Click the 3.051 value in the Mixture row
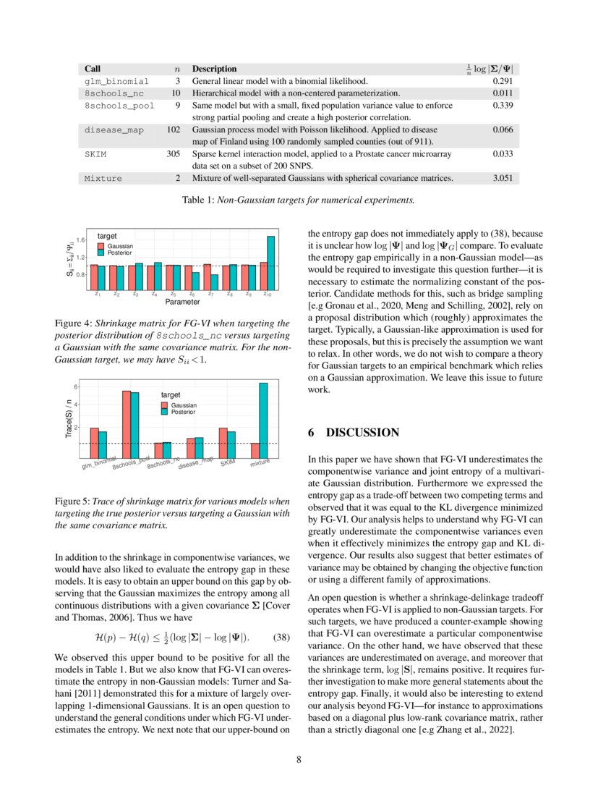tap(504, 178)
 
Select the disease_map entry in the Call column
tap(114, 130)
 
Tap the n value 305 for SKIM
tap(173, 154)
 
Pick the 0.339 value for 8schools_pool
tap(504, 106)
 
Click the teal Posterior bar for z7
tap(214, 281)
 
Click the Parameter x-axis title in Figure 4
tap(181, 302)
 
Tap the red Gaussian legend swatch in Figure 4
tap(102, 247)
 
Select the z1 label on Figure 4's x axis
tap(97, 294)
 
